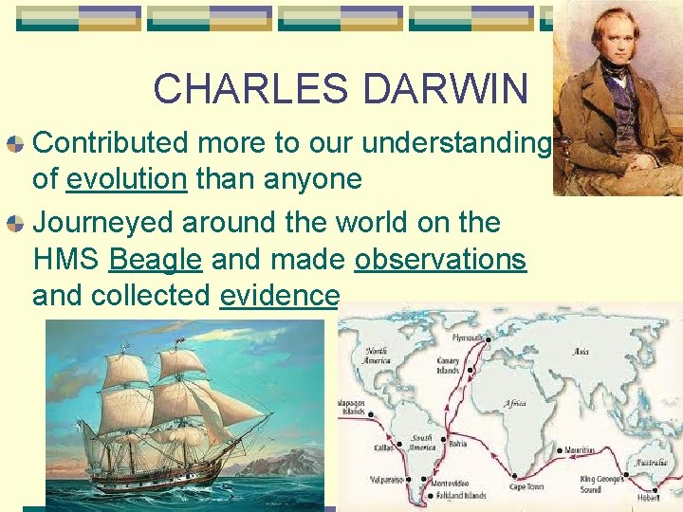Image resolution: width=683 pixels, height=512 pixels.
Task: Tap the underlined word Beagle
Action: (x=156, y=259)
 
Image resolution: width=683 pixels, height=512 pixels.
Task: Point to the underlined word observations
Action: (x=440, y=259)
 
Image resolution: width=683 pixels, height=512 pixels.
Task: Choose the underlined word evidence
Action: (x=279, y=295)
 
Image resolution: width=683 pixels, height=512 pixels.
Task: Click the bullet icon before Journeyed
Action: (x=16, y=224)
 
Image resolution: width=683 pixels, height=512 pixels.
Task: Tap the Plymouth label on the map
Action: (x=468, y=338)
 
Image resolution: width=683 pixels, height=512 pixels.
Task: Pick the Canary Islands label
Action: (x=449, y=366)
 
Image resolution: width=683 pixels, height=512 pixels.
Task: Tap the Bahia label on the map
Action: (x=458, y=443)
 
